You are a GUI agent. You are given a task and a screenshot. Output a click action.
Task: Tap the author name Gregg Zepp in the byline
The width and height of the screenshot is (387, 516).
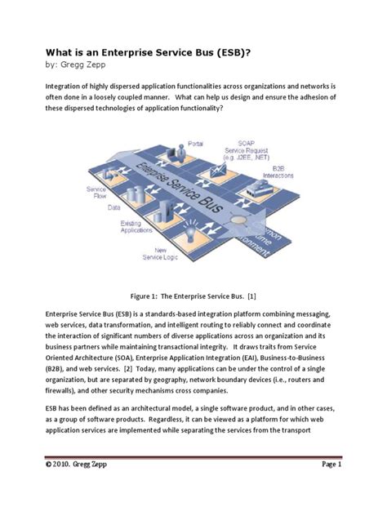pyautogui.click(x=83, y=64)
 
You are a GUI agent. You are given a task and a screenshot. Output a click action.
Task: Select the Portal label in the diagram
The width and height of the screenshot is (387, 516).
pyautogui.click(x=195, y=144)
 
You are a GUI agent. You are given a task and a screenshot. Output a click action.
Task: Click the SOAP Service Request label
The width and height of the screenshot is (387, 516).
pyautogui.click(x=246, y=150)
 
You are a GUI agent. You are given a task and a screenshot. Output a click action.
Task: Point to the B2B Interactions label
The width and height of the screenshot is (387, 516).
pyautogui.click(x=278, y=172)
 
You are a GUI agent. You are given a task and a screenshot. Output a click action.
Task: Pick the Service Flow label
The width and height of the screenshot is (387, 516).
pyautogui.click(x=96, y=193)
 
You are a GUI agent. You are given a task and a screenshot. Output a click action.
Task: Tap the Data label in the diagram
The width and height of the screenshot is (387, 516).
pyautogui.click(x=113, y=207)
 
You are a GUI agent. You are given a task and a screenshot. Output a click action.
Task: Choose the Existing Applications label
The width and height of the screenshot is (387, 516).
pyautogui.click(x=136, y=227)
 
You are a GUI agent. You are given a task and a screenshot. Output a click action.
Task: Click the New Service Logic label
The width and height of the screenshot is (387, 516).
pyautogui.click(x=160, y=254)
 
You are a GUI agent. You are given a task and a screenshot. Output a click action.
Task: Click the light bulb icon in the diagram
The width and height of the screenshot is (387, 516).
pyautogui.click(x=190, y=231)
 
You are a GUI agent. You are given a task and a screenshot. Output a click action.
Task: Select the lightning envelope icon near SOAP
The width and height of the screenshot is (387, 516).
pyautogui.click(x=218, y=170)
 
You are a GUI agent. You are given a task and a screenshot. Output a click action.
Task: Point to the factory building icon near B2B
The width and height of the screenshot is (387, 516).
pyautogui.click(x=260, y=189)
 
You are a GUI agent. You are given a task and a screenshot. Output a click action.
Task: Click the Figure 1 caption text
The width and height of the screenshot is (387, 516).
pyautogui.click(x=193, y=296)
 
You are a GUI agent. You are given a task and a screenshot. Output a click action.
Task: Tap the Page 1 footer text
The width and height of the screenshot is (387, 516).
pyautogui.click(x=331, y=465)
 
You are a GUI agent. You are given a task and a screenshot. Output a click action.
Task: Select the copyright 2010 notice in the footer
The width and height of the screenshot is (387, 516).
pyautogui.click(x=76, y=465)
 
